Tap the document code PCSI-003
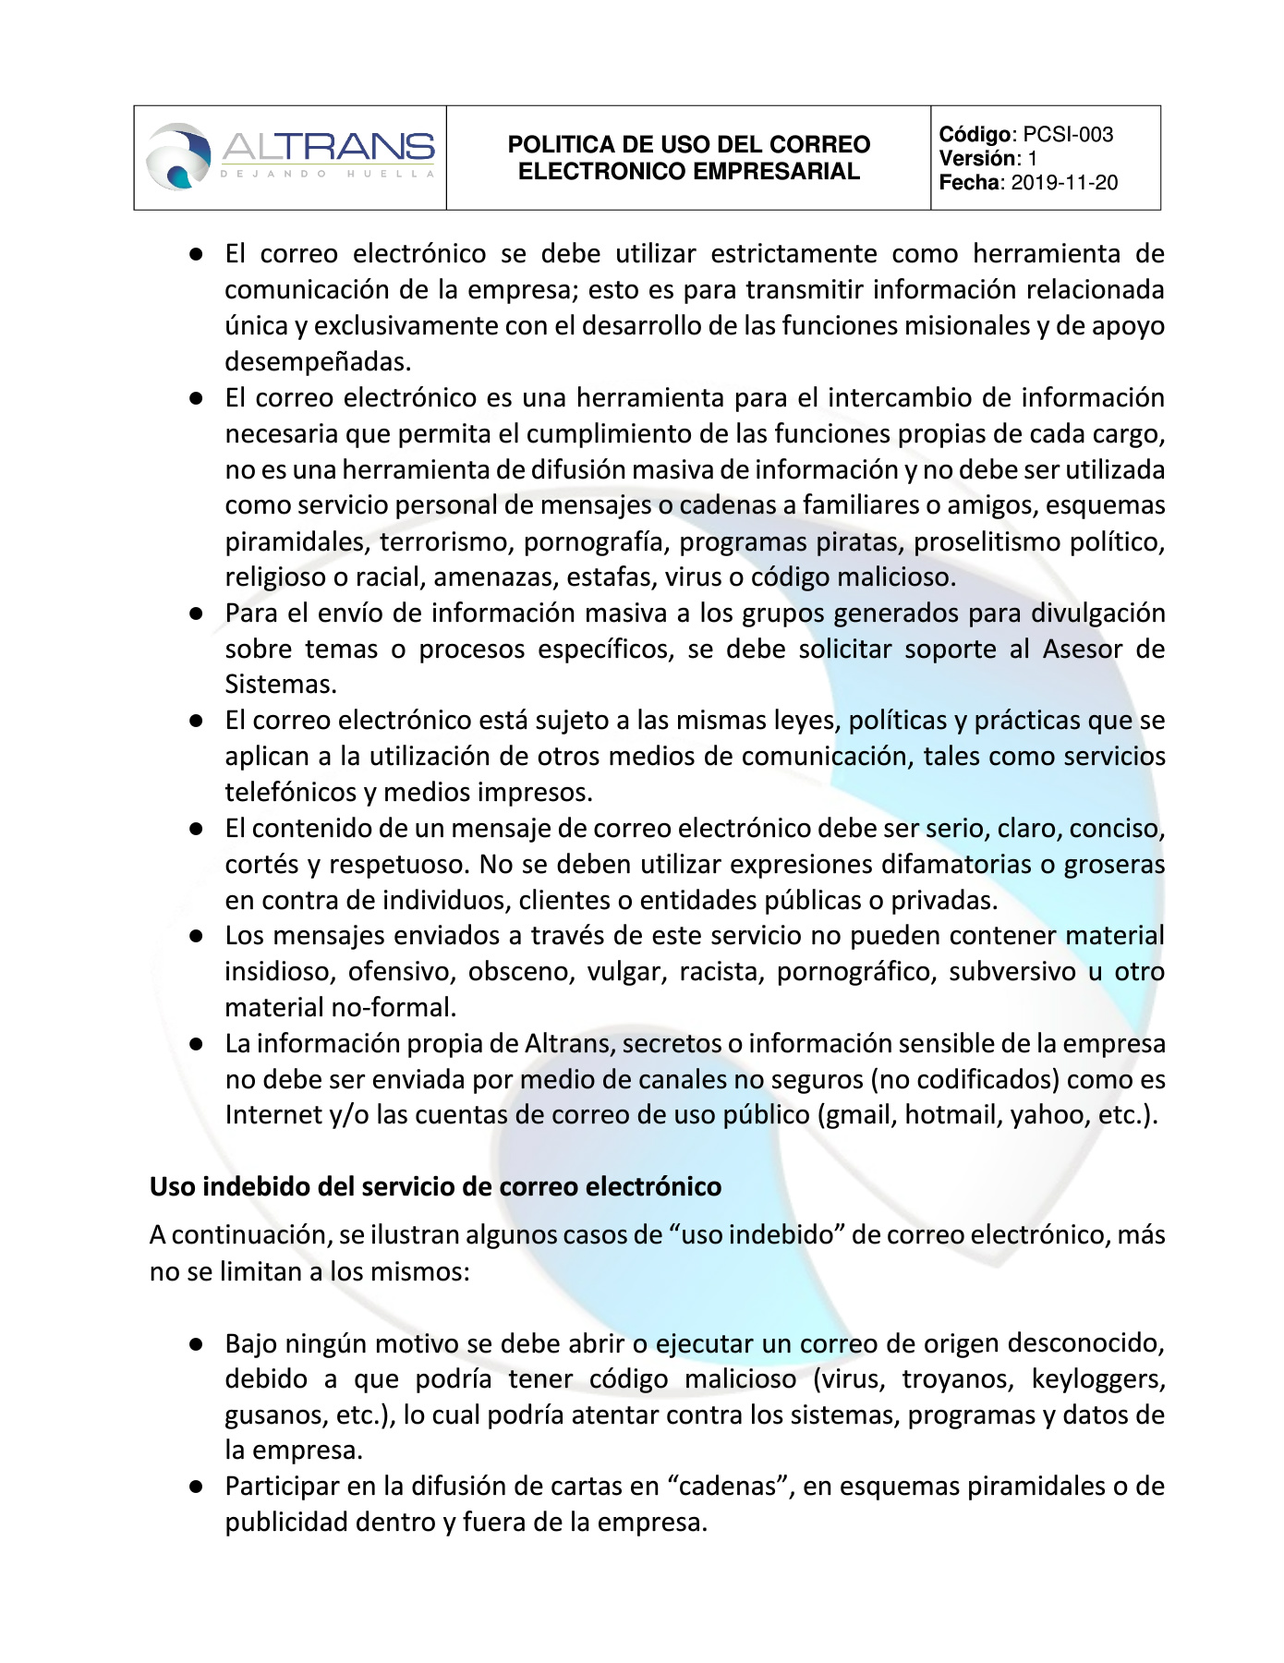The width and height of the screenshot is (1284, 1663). [x=1068, y=135]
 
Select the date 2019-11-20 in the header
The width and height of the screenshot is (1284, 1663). [x=1064, y=183]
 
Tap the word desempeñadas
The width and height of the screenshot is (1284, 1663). [x=318, y=362]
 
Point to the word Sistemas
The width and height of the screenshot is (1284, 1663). [x=280, y=685]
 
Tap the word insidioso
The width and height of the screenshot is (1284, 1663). [x=278, y=972]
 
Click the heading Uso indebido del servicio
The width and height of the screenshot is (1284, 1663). [x=435, y=1187]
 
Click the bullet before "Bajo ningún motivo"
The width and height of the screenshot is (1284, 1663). [x=196, y=1344]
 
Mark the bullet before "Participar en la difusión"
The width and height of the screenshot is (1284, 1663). [x=196, y=1487]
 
